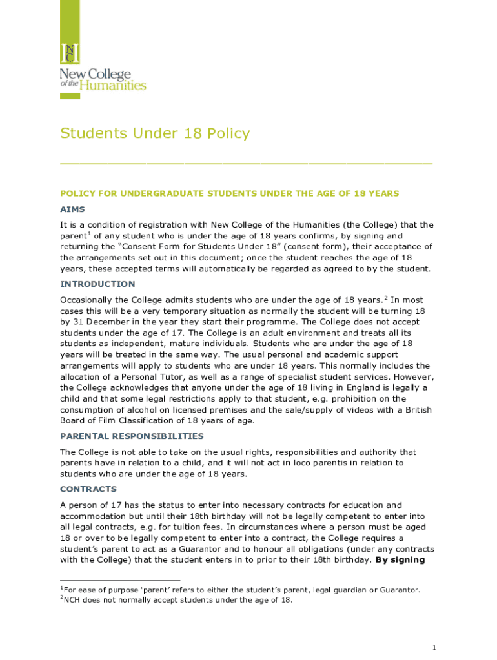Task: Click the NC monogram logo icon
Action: (x=70, y=53)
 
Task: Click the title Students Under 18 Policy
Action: (x=155, y=133)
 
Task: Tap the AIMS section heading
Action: (x=72, y=209)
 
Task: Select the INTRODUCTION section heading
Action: (x=97, y=284)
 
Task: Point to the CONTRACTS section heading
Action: (x=88, y=489)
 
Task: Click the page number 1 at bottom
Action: (x=435, y=646)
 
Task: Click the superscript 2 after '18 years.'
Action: (x=386, y=297)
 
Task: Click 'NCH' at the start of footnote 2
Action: (x=74, y=600)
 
